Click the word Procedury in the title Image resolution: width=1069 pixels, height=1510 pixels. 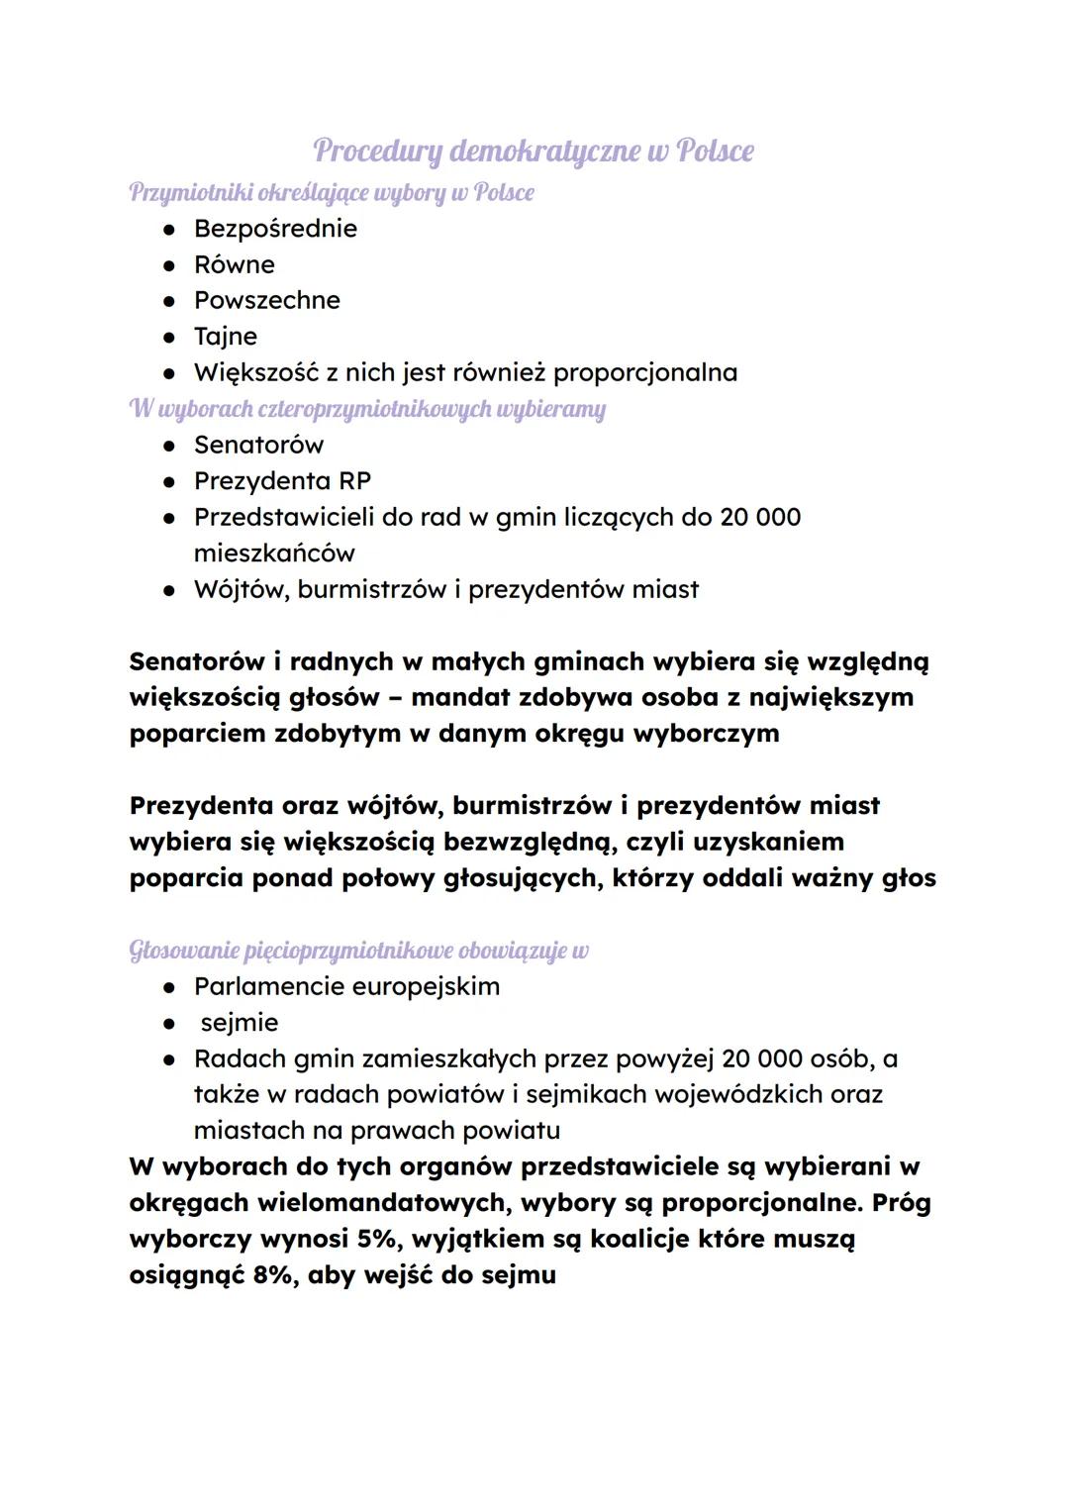(377, 151)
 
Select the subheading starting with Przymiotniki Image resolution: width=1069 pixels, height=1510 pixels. (331, 192)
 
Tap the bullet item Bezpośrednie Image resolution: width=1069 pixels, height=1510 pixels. (275, 229)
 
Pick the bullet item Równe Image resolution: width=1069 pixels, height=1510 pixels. (234, 264)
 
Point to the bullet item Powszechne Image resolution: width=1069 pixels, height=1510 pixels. (266, 300)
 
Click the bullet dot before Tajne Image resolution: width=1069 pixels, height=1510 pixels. (170, 337)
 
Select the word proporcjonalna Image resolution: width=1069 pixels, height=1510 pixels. (644, 373)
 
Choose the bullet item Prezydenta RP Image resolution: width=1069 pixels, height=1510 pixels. (282, 481)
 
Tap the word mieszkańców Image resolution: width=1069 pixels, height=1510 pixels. (274, 554)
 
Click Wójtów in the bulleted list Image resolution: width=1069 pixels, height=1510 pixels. (240, 589)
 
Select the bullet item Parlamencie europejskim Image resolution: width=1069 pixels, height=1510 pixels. (346, 986)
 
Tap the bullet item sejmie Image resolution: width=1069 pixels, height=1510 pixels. (239, 1023)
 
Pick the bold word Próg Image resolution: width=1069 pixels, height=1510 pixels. (901, 1203)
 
